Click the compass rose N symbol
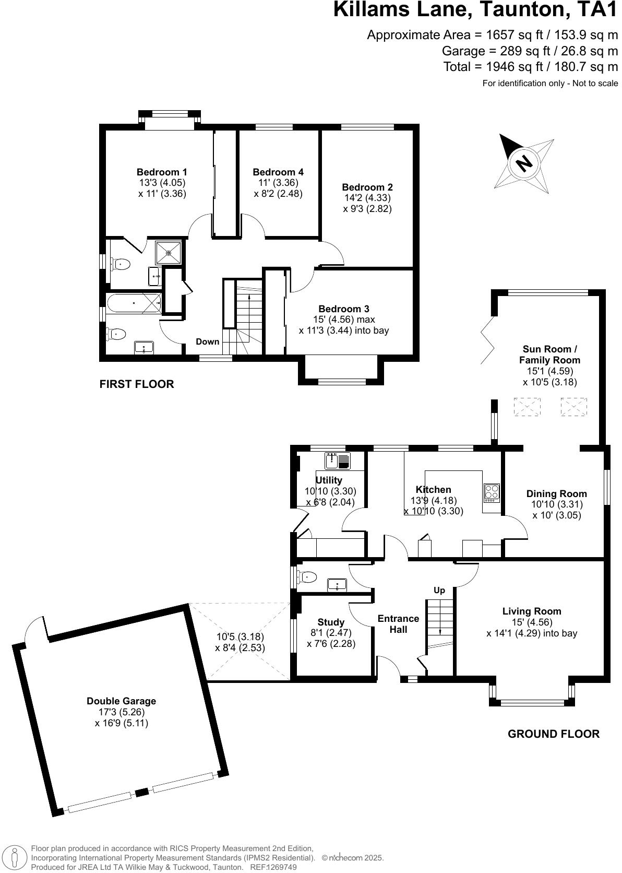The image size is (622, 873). click(x=523, y=163)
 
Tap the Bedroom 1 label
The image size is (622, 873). click(x=162, y=172)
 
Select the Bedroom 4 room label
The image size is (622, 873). click(x=278, y=172)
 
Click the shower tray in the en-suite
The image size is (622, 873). click(x=169, y=253)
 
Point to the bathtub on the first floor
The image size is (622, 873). click(x=134, y=302)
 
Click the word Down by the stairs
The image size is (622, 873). click(x=207, y=342)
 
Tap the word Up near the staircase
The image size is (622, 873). click(x=439, y=590)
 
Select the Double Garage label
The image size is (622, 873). click(x=121, y=701)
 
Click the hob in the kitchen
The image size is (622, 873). click(x=492, y=492)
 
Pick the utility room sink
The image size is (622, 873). click(x=338, y=461)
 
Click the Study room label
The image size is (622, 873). click(x=331, y=622)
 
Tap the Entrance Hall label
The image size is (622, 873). click(x=398, y=624)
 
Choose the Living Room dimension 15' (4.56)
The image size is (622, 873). click(x=532, y=622)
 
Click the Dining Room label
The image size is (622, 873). click(x=556, y=493)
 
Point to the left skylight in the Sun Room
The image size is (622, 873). click(x=527, y=407)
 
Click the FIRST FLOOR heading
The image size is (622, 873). click(x=136, y=384)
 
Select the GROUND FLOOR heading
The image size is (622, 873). click(x=553, y=734)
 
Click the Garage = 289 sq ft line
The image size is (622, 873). click(x=529, y=51)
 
